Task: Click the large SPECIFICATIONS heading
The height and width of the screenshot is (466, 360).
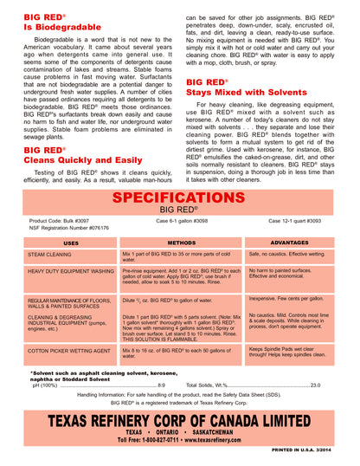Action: click(x=179, y=198)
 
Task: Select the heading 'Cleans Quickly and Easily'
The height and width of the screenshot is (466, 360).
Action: click(x=81, y=160)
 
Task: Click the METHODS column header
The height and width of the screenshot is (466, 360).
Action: click(x=181, y=243)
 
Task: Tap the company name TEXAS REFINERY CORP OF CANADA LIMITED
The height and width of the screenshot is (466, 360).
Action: click(x=180, y=419)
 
